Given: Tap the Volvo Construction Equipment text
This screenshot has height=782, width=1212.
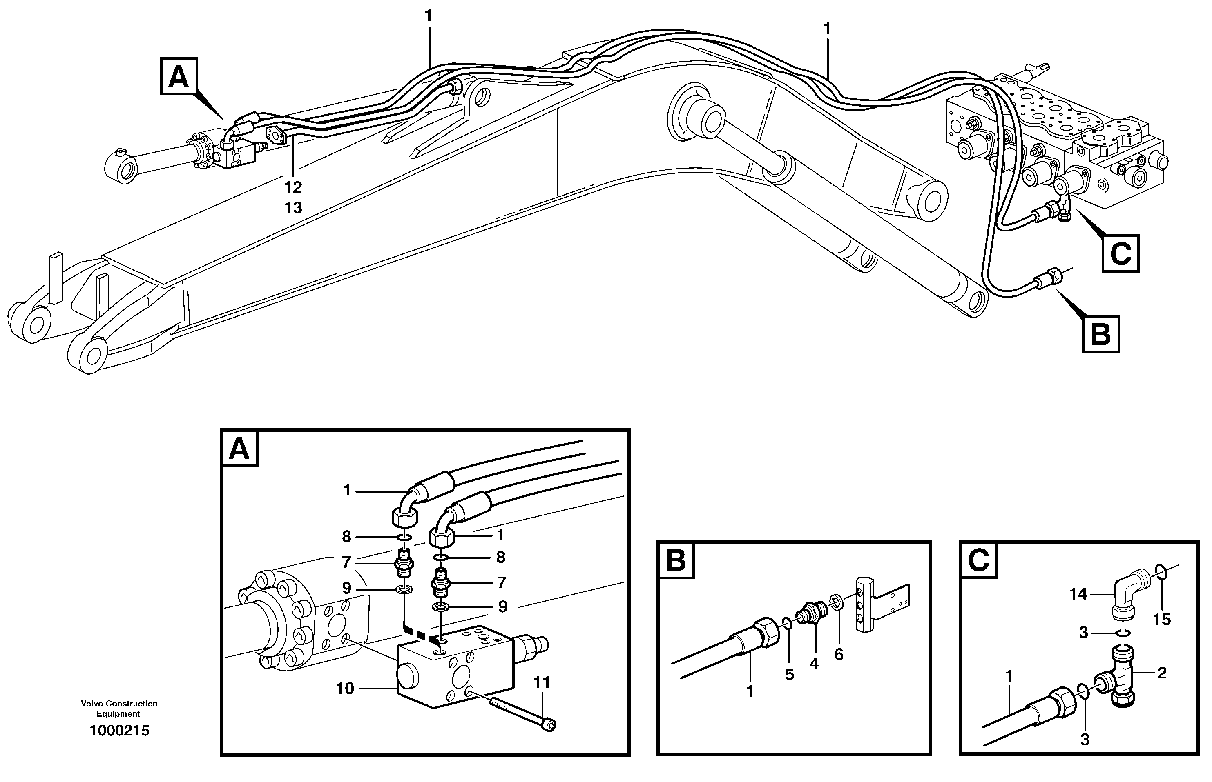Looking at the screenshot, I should click(x=119, y=709).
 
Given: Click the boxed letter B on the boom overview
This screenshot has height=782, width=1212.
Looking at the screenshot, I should click(x=1101, y=334).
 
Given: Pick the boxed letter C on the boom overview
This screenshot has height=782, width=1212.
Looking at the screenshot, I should click(x=1120, y=253).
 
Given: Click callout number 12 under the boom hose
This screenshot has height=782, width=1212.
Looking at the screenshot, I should click(x=293, y=187).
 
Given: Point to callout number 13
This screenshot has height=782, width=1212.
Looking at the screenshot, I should click(x=293, y=208).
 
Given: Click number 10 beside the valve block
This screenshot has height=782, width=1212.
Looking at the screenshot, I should click(x=344, y=689).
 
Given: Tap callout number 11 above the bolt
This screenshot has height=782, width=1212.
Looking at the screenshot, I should click(x=542, y=682).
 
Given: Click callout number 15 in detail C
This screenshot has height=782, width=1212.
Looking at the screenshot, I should click(x=1162, y=619).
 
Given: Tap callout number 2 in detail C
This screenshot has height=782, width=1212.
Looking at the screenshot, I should click(x=1162, y=673).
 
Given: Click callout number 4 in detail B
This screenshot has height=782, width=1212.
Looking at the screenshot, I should click(x=814, y=664).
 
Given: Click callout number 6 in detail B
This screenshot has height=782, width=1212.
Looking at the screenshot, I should click(x=839, y=655).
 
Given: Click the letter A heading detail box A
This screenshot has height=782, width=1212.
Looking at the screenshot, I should click(x=239, y=449).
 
